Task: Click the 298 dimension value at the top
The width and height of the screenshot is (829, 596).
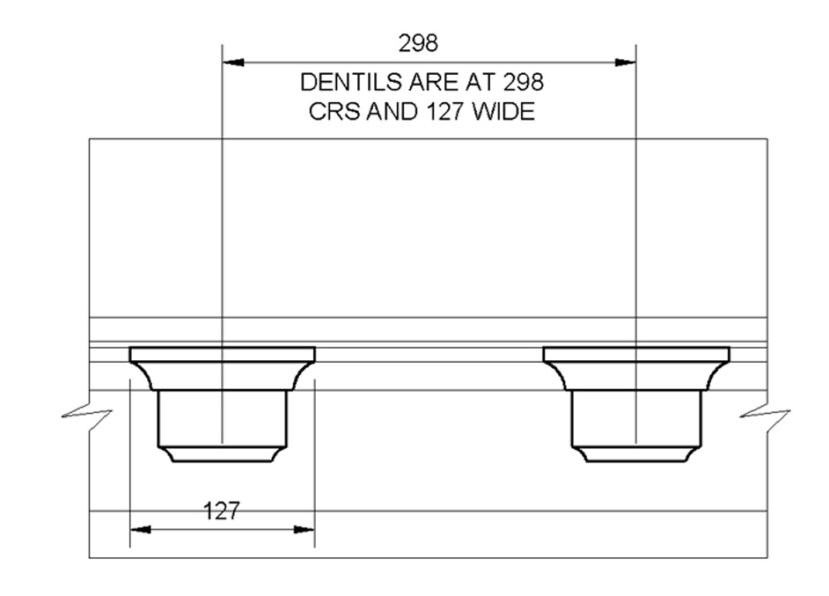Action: [x=418, y=43]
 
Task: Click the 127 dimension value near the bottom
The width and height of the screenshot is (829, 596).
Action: [x=222, y=511]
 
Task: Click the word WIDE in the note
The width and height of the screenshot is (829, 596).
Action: [x=503, y=112]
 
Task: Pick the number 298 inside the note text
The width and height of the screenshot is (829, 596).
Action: [x=524, y=83]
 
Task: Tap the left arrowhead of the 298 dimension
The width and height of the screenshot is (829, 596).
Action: [x=233, y=63]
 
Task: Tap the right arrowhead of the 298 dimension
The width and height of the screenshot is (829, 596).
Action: [x=625, y=63]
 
